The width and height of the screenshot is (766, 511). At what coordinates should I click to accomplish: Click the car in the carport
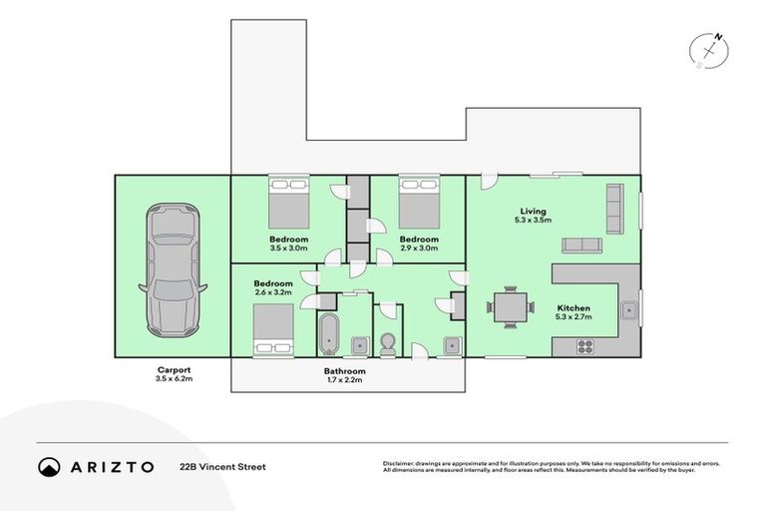(173, 270)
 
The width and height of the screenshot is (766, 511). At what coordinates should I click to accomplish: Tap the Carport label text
(174, 370)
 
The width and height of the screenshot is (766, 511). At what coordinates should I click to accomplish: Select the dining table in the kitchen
(510, 307)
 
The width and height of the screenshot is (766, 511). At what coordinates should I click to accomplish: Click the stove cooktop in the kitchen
(585, 346)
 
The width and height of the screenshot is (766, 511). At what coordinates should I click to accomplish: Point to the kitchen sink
(629, 310)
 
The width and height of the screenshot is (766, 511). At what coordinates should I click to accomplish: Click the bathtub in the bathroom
(328, 334)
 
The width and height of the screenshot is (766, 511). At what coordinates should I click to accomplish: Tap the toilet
(388, 344)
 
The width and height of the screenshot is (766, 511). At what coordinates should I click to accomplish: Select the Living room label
(533, 212)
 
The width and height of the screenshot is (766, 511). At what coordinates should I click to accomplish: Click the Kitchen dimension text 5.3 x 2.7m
(574, 316)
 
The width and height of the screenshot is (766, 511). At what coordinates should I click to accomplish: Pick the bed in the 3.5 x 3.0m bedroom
(288, 203)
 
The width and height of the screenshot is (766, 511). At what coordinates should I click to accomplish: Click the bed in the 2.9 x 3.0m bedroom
(419, 203)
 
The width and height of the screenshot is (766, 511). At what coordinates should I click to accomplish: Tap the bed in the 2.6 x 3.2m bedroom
(273, 328)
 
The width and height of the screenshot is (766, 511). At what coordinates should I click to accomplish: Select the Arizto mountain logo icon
(49, 467)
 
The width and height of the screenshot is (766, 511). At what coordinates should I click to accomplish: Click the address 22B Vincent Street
(222, 467)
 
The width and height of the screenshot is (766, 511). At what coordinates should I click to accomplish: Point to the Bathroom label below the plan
(344, 371)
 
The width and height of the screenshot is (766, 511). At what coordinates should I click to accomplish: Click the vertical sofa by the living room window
(615, 209)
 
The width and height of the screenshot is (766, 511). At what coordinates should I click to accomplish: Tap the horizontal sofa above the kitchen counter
(581, 246)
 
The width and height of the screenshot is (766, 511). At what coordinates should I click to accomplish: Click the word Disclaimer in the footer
(398, 463)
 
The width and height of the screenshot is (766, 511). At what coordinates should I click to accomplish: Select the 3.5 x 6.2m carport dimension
(174, 378)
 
